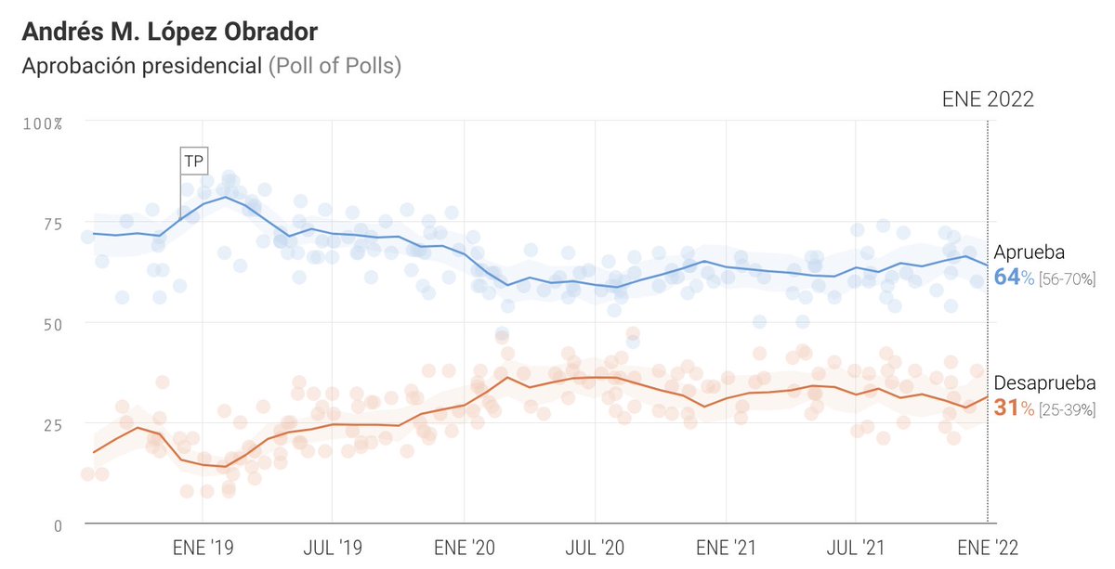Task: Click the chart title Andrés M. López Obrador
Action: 170,32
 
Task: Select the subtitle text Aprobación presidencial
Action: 142,68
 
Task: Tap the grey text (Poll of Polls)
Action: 334,68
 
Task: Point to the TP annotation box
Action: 193,161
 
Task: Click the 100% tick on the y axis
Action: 42,123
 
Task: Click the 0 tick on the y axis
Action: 58,525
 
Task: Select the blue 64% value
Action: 1013,278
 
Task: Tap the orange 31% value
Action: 1013,407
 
